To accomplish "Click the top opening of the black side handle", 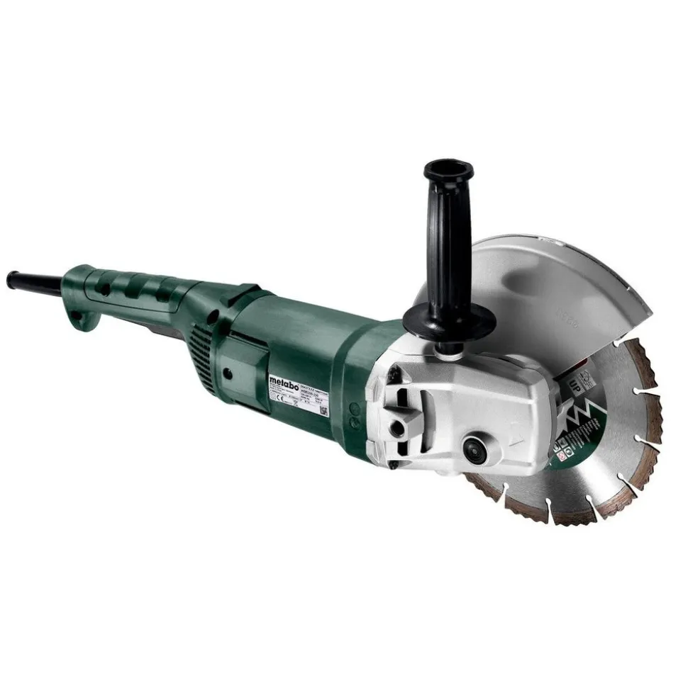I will pyautogui.click(x=448, y=170).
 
